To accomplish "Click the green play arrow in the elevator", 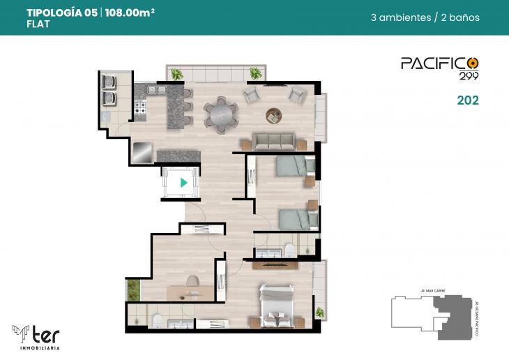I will tap(183, 183).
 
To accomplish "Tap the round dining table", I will tap(220, 114).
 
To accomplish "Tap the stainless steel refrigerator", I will tap(142, 151).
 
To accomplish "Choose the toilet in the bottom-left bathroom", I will tap(158, 320).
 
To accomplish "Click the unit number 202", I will tap(467, 100).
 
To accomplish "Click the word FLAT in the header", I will tap(38, 24).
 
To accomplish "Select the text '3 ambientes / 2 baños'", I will tap(425, 17).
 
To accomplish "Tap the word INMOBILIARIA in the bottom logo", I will tap(35, 347).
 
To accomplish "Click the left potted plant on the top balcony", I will tap(177, 73).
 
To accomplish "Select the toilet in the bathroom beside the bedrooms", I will tap(289, 250).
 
